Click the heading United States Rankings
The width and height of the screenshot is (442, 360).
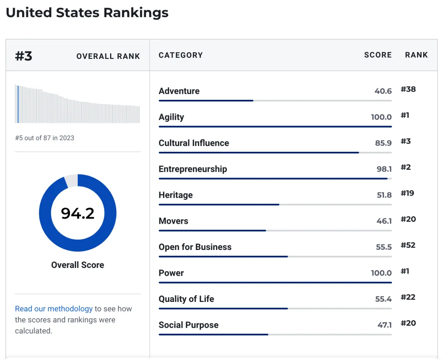coord(87,12)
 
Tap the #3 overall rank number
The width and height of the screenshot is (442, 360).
coord(24,56)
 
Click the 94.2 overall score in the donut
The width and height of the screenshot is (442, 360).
coord(78,213)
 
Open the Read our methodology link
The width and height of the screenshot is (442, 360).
coord(54,309)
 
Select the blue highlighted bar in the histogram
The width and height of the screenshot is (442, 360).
coord(18,104)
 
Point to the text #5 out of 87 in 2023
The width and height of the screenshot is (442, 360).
coord(45,138)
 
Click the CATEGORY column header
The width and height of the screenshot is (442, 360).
coord(180,55)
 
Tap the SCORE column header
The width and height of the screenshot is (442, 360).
coord(378,55)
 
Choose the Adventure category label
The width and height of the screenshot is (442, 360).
coord(179,91)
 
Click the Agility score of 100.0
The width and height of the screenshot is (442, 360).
coord(381,117)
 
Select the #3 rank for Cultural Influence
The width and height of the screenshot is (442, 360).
coord(406,141)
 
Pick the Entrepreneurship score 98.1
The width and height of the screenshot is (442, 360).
coord(384,169)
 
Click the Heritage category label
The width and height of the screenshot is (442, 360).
coord(176,195)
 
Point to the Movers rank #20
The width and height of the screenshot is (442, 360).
coord(408,219)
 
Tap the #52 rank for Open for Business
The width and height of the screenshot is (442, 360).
coord(408,245)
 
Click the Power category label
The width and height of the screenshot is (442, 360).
coord(171,273)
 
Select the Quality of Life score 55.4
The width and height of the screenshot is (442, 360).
coord(383,299)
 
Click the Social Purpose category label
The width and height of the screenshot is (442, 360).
coord(189,325)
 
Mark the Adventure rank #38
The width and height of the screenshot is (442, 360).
coord(408,89)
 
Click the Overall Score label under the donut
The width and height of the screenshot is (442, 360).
coord(78,265)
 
